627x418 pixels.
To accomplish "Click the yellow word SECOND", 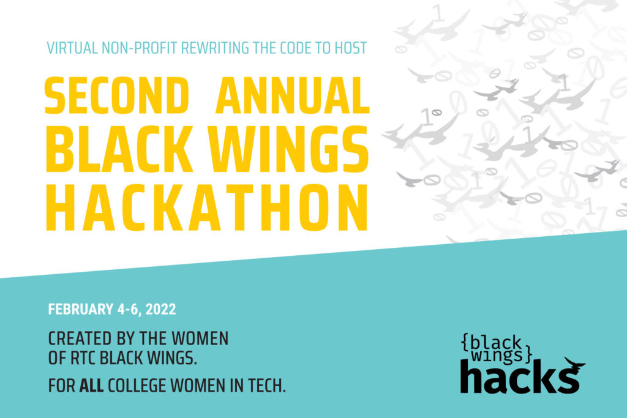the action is (116, 95).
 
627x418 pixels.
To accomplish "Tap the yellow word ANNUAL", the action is (292, 95).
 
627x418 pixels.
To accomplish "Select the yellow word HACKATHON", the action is (207, 208).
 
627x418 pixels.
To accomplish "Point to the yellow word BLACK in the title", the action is (119, 149).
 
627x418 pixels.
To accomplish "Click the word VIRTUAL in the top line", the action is (72, 48).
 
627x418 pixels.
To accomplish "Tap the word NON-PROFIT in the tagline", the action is (139, 48).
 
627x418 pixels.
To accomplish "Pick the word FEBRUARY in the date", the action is (81, 309).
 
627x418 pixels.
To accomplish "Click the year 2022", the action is (161, 309).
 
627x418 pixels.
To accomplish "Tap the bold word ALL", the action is (92, 386).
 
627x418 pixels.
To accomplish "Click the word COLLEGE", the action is (137, 386).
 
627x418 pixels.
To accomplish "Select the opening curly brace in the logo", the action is (465, 343).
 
